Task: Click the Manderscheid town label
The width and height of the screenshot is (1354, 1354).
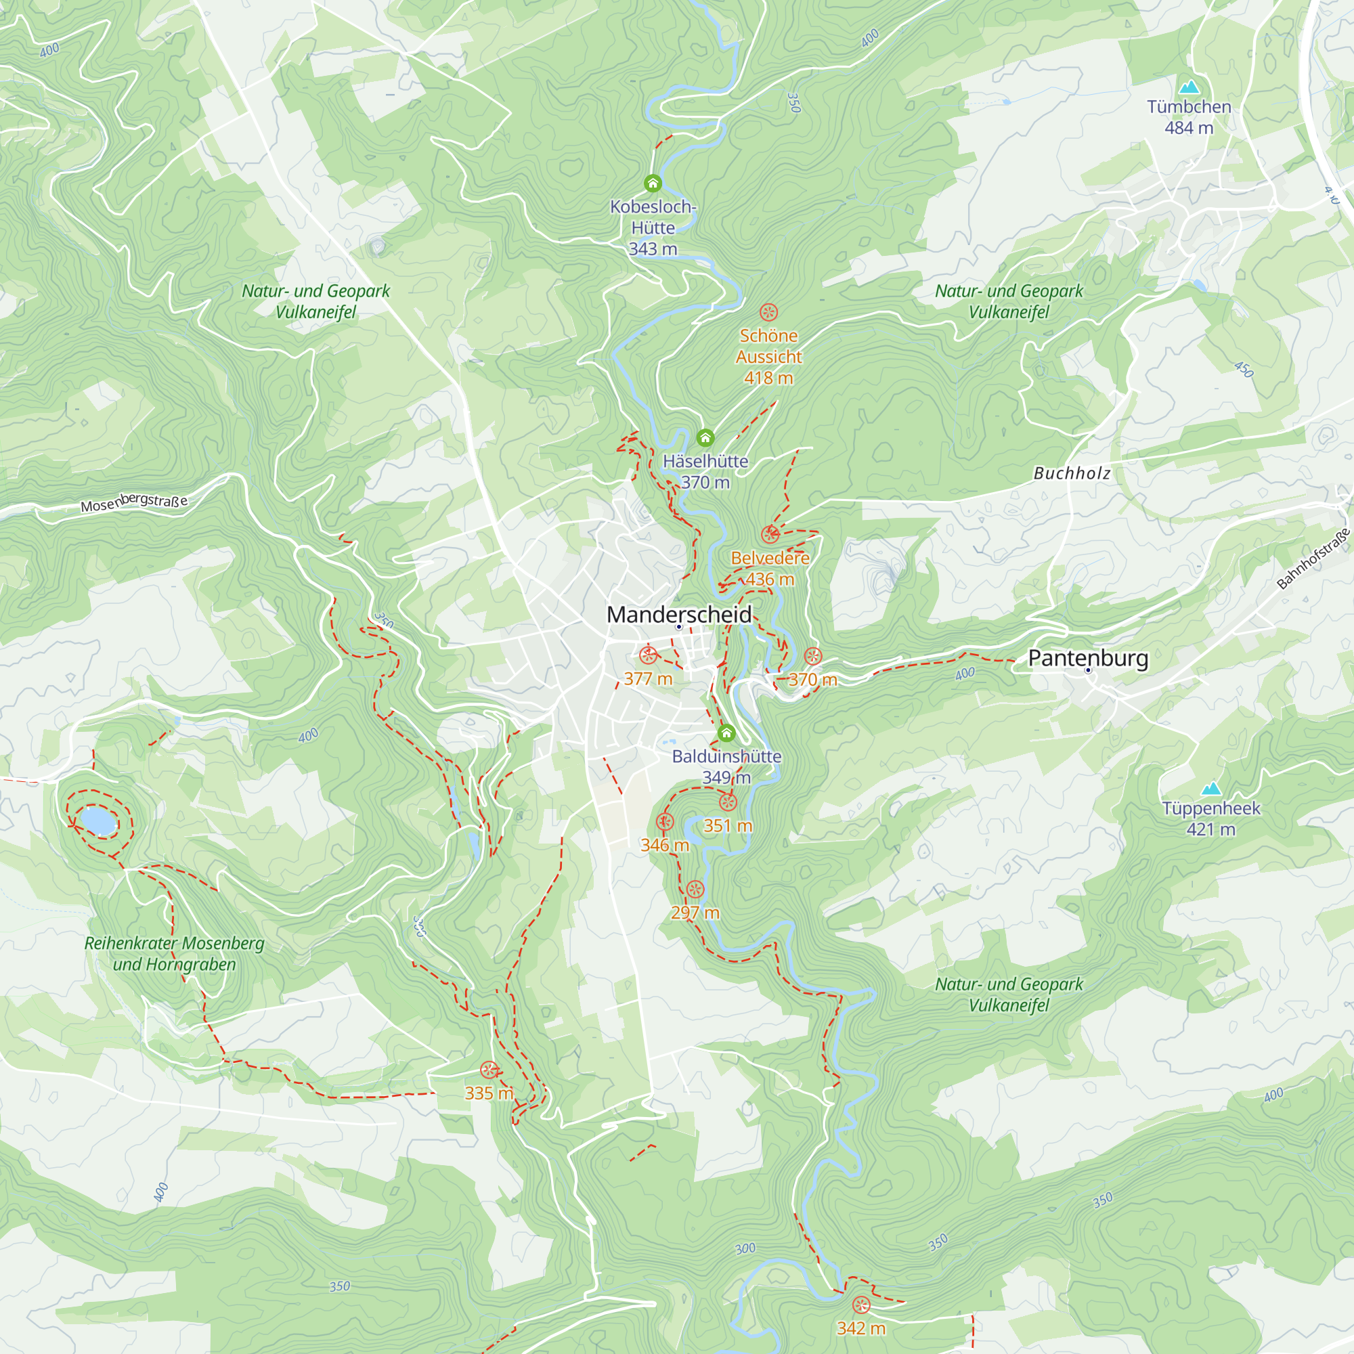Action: click(x=678, y=615)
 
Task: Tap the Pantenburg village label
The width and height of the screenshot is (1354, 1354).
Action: click(x=1088, y=658)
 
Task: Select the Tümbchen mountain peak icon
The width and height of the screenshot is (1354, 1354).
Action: click(x=1189, y=87)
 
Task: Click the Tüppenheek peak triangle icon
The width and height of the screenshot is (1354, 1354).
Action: click(x=1211, y=789)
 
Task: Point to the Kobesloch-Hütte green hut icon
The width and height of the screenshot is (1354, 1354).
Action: click(x=653, y=183)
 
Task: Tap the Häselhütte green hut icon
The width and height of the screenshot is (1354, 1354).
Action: click(x=705, y=438)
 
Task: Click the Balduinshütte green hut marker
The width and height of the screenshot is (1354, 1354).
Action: click(x=726, y=733)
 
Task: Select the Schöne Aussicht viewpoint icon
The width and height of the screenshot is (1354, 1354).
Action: click(x=768, y=312)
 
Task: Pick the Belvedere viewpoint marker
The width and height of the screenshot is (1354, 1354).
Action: click(x=770, y=535)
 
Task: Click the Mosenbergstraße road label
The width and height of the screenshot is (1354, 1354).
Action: click(x=134, y=502)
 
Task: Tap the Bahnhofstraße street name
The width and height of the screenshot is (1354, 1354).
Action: click(x=1313, y=559)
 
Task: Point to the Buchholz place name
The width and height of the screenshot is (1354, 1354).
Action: click(x=1072, y=474)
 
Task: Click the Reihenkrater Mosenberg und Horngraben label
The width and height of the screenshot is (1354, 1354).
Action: click(x=174, y=953)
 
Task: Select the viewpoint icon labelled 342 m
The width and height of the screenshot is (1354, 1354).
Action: click(x=860, y=1305)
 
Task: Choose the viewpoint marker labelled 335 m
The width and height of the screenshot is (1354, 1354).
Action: click(x=489, y=1070)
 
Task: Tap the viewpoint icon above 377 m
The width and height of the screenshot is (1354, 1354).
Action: click(x=648, y=655)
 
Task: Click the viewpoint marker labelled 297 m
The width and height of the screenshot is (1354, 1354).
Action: click(x=695, y=890)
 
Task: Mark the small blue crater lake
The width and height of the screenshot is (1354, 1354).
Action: click(x=98, y=821)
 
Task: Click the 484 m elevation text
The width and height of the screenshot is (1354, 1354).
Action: click(x=1189, y=128)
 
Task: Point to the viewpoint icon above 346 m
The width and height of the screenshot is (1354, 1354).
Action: click(x=664, y=822)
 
